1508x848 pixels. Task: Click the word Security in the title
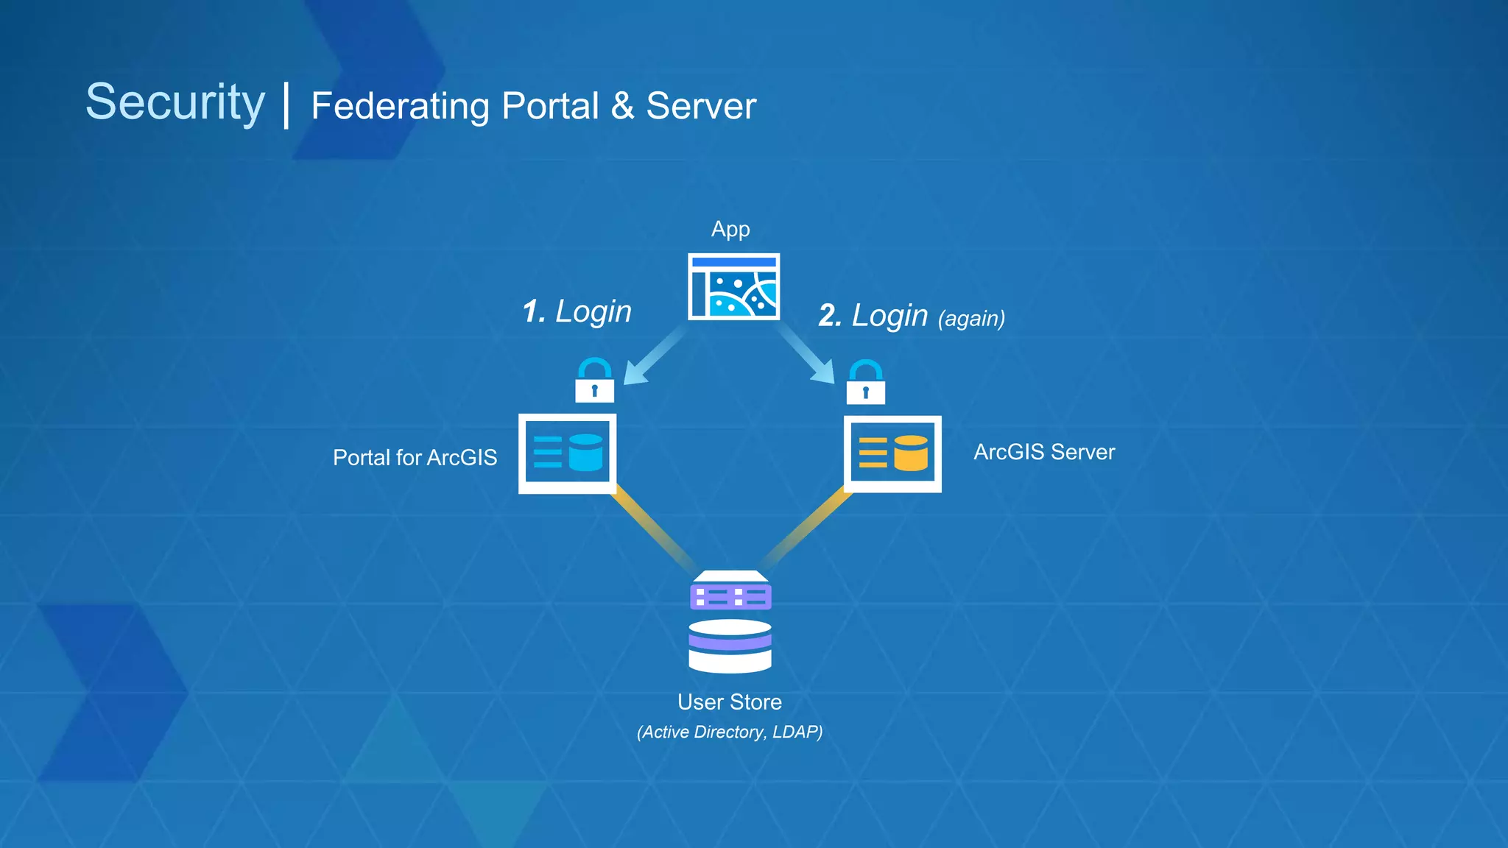tap(175, 102)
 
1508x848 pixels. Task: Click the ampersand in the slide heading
tap(622, 105)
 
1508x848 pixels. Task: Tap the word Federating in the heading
tap(400, 107)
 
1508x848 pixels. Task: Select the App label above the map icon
tap(730, 229)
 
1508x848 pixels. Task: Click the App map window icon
tap(733, 287)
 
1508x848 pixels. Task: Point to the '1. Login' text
tap(577, 311)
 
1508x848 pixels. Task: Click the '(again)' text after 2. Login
tap(971, 318)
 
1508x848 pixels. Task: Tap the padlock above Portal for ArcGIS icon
tap(594, 381)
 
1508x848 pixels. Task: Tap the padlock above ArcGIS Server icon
tap(865, 383)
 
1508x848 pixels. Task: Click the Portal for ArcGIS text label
tap(415, 458)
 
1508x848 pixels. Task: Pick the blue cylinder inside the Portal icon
tap(585, 452)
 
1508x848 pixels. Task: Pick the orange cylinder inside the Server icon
tap(911, 452)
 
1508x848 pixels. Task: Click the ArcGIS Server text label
tap(1043, 452)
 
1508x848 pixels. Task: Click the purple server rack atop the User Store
tap(730, 593)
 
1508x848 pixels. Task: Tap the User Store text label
tap(729, 702)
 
